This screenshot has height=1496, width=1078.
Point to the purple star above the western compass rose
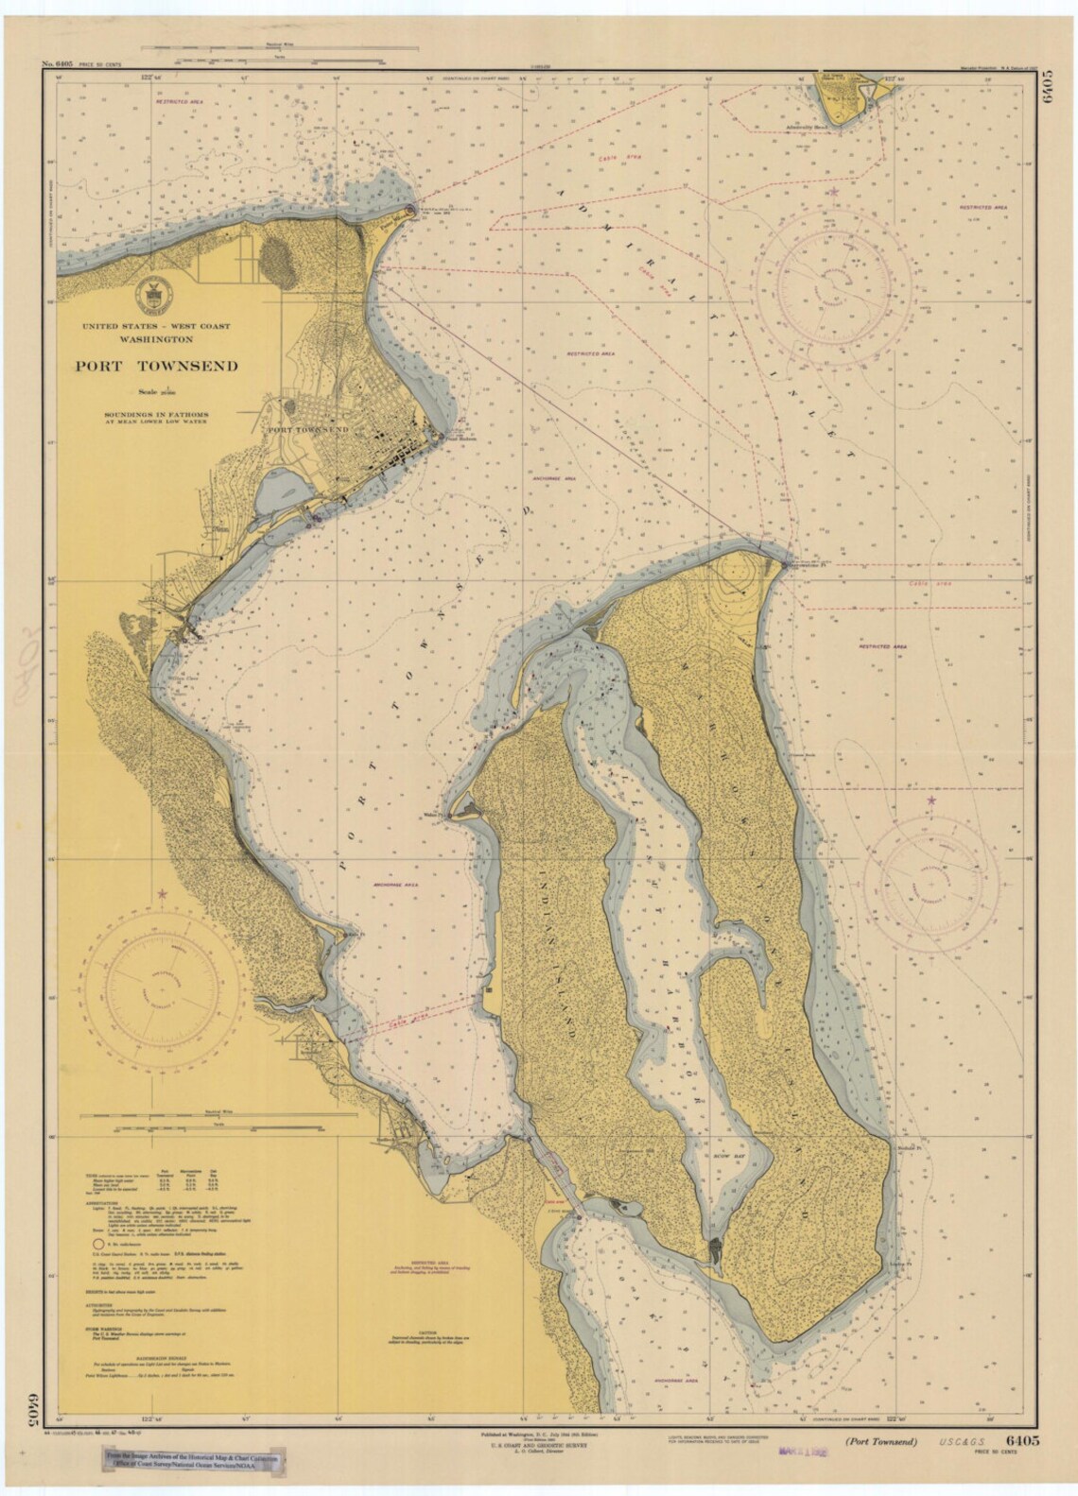pyautogui.click(x=163, y=894)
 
